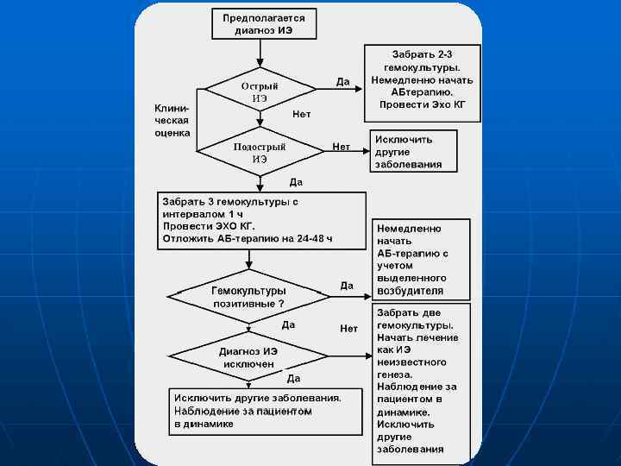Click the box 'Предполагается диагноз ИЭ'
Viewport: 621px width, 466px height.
(x=264, y=23)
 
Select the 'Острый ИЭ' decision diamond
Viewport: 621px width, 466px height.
(x=260, y=92)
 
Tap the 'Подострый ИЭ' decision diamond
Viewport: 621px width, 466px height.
(x=260, y=153)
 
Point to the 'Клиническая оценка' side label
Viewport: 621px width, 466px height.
(x=172, y=121)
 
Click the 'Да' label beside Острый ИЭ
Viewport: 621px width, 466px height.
(x=342, y=82)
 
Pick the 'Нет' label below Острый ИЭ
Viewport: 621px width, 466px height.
(x=302, y=114)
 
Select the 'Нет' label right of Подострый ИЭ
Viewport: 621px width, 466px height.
(x=342, y=147)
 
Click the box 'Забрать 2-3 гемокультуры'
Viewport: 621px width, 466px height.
(x=422, y=80)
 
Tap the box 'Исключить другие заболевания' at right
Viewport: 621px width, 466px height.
(x=412, y=151)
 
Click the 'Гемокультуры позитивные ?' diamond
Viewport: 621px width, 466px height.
(x=249, y=297)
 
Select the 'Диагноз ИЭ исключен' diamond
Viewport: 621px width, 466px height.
(x=248, y=357)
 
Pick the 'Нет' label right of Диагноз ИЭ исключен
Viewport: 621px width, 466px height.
(x=348, y=328)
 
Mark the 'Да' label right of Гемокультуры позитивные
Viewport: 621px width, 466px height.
(x=347, y=285)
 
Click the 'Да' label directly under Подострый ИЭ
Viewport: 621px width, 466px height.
(x=296, y=182)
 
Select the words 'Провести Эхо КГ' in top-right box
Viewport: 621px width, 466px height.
(x=422, y=104)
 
